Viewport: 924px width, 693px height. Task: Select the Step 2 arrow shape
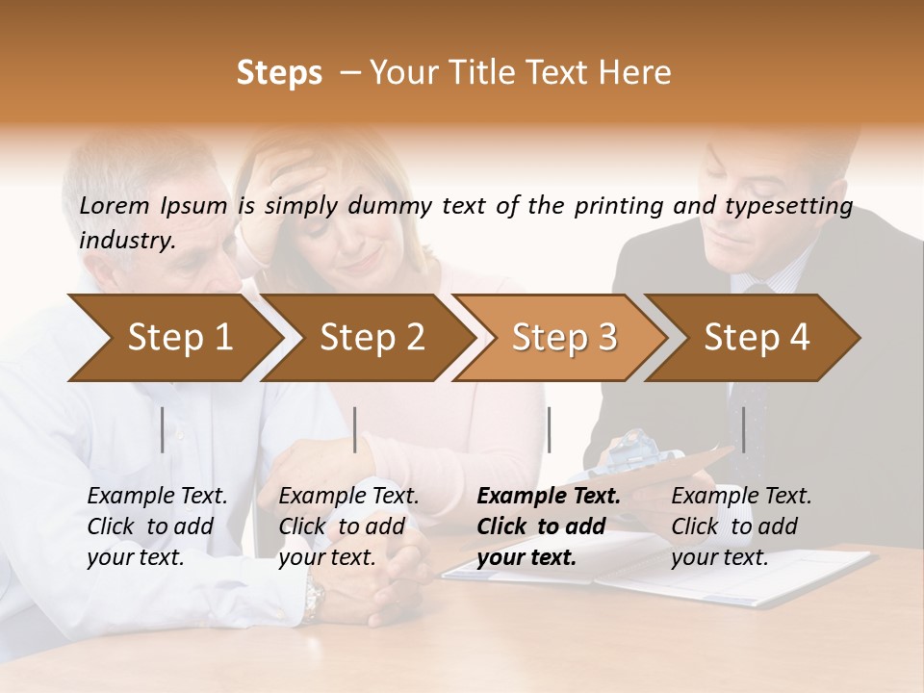point(371,338)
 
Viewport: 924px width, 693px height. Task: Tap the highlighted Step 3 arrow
point(563,338)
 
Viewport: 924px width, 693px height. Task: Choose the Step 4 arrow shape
point(756,338)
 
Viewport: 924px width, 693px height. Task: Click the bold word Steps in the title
point(279,73)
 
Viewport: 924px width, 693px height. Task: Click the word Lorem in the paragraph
point(115,205)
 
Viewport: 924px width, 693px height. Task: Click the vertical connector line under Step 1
point(163,429)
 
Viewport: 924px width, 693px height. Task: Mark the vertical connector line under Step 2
point(355,429)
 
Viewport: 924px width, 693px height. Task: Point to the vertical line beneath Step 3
point(549,429)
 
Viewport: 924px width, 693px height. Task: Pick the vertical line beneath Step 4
point(743,429)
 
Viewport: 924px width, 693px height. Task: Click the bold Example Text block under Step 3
point(549,526)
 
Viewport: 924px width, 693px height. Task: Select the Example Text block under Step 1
point(157,526)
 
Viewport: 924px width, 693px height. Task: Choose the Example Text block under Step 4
point(741,526)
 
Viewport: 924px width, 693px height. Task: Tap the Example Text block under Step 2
point(348,526)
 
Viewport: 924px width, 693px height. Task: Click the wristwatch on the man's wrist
point(313,600)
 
